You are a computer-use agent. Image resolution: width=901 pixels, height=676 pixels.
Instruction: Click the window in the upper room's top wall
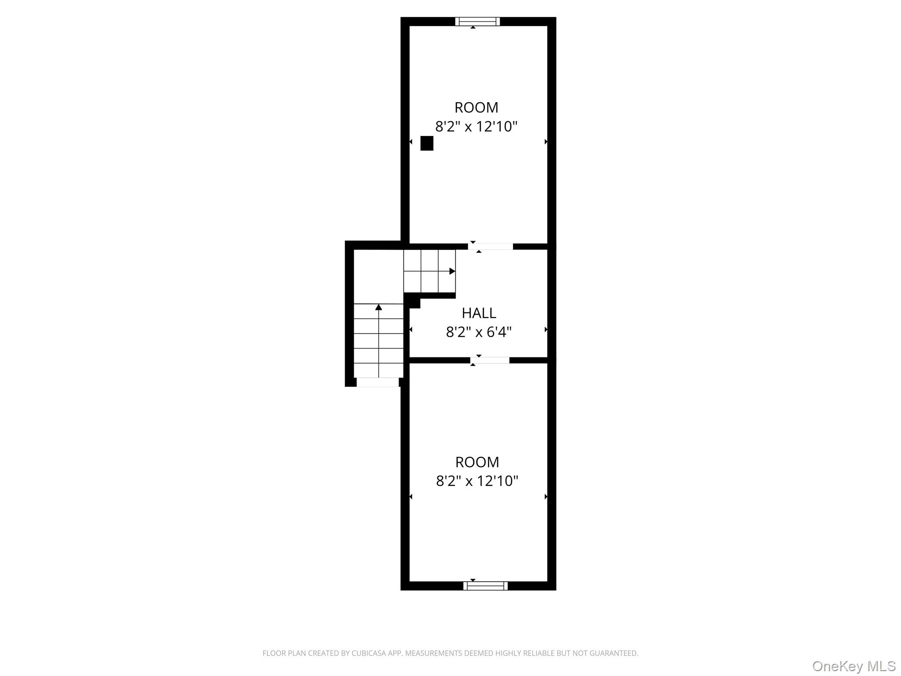(477, 21)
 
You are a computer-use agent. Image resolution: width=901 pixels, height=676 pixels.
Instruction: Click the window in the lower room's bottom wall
(485, 585)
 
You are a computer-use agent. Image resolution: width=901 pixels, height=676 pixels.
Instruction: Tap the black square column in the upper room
(427, 143)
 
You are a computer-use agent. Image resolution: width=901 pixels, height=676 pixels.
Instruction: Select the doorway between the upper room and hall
(491, 246)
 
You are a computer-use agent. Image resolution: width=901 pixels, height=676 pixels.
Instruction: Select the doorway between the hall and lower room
(490, 360)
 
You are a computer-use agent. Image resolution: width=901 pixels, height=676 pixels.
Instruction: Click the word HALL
(479, 313)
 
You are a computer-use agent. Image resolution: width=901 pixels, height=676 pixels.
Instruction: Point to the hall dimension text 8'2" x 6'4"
(479, 332)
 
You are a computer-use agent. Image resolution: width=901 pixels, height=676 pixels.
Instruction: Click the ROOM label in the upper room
(476, 107)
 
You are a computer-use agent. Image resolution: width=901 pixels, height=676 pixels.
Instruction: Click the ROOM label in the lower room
(477, 462)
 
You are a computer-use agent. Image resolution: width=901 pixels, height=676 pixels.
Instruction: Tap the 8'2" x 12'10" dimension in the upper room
(476, 127)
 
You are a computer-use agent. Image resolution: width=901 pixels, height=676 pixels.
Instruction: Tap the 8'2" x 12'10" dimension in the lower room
(477, 481)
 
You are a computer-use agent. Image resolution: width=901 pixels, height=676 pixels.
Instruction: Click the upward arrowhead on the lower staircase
(378, 307)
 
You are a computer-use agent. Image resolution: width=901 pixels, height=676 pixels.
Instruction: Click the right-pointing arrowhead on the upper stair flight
(452, 271)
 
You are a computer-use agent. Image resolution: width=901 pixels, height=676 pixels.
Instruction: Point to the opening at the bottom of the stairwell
(377, 382)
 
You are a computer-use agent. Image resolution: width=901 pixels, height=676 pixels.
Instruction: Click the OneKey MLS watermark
(853, 666)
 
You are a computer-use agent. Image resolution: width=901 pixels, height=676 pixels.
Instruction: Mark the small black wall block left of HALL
(413, 301)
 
